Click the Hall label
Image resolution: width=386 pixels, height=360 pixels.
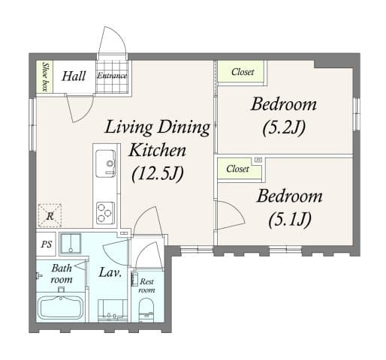point(73,76)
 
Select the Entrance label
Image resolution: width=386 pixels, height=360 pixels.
point(112,76)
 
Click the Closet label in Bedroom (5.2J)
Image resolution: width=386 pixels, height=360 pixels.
point(242,72)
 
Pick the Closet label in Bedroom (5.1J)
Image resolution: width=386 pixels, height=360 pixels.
point(237,169)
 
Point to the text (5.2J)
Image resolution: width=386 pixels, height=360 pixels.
point(283,127)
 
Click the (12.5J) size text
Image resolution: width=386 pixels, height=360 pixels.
point(157,174)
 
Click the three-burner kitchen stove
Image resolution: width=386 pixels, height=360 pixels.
point(104,212)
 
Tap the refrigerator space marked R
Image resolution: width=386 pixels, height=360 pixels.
point(50,215)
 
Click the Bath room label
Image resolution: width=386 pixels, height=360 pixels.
point(62,274)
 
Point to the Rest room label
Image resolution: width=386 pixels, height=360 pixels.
point(146,286)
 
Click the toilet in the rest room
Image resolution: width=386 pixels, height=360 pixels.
point(146,309)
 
